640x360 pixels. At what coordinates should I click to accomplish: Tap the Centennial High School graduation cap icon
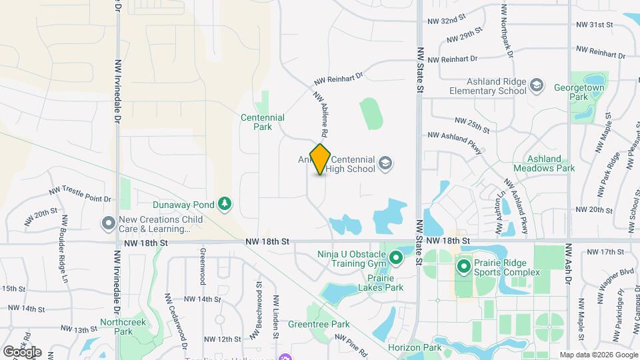385,163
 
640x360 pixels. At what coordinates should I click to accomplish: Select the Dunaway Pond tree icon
225,203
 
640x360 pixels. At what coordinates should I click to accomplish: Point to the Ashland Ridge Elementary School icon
537,86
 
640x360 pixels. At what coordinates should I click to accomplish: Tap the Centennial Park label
263,122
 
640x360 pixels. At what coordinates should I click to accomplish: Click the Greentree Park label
319,325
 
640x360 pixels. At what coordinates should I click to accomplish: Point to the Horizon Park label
415,347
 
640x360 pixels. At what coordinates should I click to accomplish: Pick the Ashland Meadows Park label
551,164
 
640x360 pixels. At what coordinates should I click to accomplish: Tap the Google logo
22,351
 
